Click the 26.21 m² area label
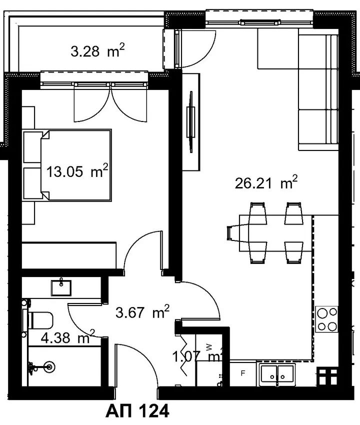pos(266,182)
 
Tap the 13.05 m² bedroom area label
pos(77,171)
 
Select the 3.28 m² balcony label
pos(97,50)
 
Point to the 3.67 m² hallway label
pos(142,311)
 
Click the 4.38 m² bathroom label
pos(68,337)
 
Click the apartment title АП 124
pos(137,411)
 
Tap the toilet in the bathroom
pos(40,320)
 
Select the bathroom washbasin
pos(61,287)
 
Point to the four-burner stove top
pos(326,319)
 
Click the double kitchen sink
pos(277,375)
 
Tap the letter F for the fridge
pos(243,373)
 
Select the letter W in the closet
pos(208,346)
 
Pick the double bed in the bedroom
pos(67,165)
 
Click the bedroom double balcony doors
pos(110,103)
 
